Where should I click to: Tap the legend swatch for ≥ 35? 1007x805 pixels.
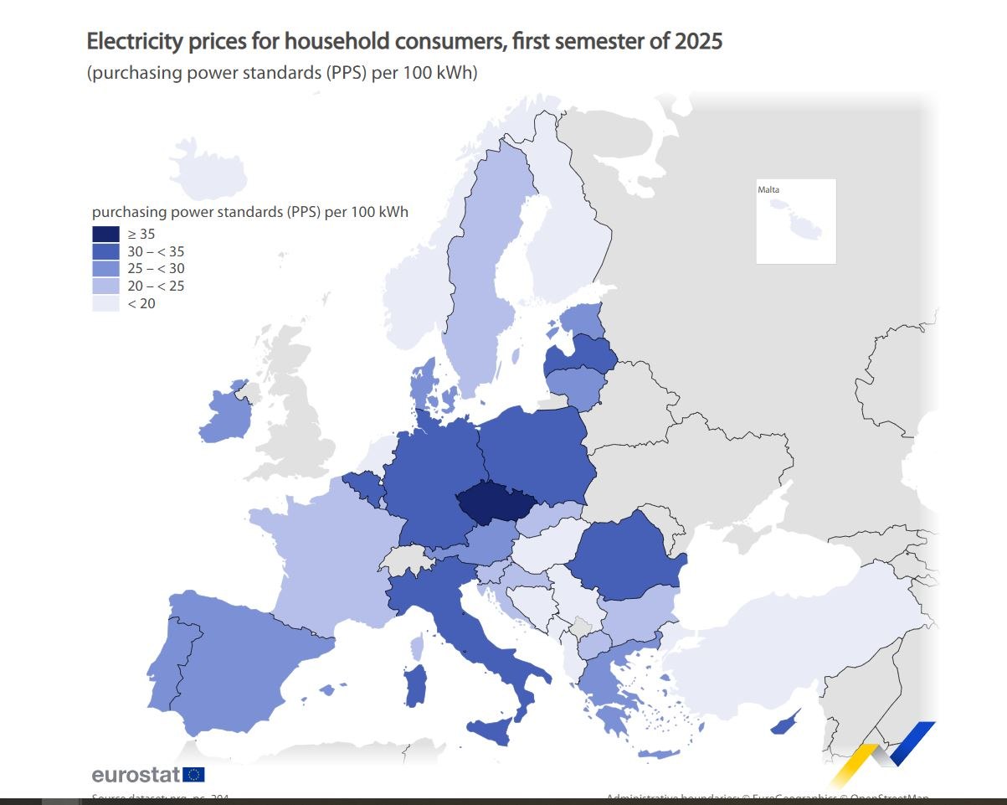click(105, 235)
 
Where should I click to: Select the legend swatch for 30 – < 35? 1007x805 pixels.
click(105, 251)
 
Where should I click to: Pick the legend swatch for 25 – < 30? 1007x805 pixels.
click(105, 269)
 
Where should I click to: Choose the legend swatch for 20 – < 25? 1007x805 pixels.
click(105, 286)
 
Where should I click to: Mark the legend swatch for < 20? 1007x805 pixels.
click(105, 303)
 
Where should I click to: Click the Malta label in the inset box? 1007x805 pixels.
click(768, 190)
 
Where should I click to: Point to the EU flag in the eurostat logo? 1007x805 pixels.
click(193, 774)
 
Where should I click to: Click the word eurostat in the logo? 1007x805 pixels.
click(136, 774)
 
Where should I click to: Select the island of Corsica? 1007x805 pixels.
click(417, 646)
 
